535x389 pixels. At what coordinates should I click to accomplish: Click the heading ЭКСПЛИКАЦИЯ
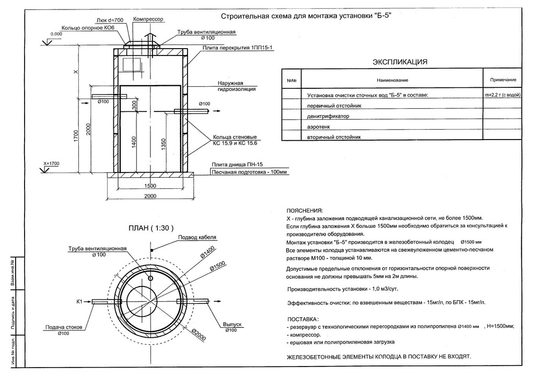(x=400, y=62)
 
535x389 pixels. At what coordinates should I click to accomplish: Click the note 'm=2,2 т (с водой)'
(x=503, y=95)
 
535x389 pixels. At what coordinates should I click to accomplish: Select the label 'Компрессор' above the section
(x=148, y=19)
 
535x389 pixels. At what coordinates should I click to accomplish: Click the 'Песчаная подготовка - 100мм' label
(x=249, y=172)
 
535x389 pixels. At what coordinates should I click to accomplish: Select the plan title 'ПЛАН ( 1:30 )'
(x=151, y=228)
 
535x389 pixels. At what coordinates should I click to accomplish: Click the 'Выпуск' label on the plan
(x=232, y=324)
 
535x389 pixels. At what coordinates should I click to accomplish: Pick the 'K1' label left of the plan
(x=80, y=302)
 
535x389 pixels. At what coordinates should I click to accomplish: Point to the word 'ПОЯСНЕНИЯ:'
(x=305, y=210)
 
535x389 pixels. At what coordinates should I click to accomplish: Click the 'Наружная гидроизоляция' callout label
(x=237, y=86)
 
